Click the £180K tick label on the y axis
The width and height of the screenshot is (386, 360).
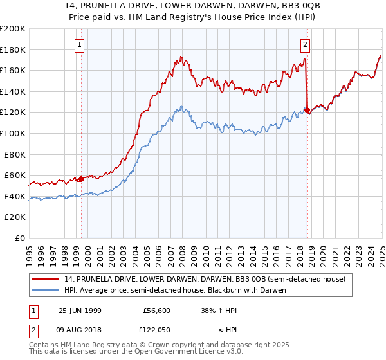tap(13, 50)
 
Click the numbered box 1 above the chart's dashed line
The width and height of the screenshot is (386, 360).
tap(79, 45)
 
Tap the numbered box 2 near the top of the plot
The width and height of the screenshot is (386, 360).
tap(304, 45)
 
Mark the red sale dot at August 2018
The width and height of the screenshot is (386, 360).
tap(307, 111)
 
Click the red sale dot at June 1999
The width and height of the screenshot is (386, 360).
tap(82, 179)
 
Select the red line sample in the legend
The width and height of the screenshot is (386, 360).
tap(46, 278)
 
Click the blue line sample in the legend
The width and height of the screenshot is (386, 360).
tap(46, 290)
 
